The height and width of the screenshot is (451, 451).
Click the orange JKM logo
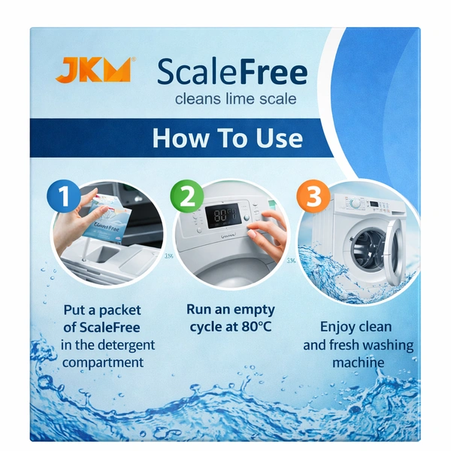click(94, 70)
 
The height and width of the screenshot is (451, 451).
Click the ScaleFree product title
click(232, 72)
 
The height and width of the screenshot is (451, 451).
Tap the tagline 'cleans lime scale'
click(235, 99)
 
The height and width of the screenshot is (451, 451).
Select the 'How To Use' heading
click(228, 138)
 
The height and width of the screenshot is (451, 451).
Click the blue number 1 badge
click(64, 196)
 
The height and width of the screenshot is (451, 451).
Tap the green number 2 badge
click(187, 197)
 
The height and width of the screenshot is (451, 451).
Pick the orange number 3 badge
click(313, 196)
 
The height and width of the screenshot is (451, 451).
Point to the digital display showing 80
click(222, 216)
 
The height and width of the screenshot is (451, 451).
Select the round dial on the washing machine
click(356, 203)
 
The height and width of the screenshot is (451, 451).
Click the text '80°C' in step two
click(256, 327)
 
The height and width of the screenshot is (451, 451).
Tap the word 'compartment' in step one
click(103, 362)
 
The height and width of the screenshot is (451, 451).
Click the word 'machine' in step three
click(359, 362)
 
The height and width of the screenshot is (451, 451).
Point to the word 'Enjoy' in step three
click(336, 327)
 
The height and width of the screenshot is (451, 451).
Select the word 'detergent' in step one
click(127, 345)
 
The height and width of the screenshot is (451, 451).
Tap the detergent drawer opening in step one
click(105, 253)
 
